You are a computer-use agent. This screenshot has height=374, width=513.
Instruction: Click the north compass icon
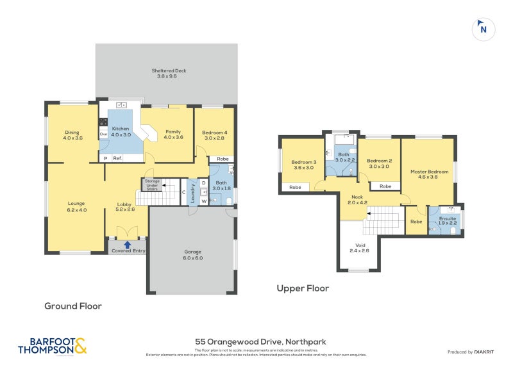484,28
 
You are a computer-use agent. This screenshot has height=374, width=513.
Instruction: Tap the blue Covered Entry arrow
128,243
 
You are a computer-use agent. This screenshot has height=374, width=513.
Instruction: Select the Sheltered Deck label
166,73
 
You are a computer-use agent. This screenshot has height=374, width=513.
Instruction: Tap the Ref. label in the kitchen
117,158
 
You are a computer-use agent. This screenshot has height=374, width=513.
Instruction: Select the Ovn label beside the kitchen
103,134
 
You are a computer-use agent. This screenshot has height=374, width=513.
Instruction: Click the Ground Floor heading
72,306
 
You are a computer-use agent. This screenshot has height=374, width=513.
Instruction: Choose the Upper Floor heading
303,288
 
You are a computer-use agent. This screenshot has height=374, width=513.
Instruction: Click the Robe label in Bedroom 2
385,186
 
